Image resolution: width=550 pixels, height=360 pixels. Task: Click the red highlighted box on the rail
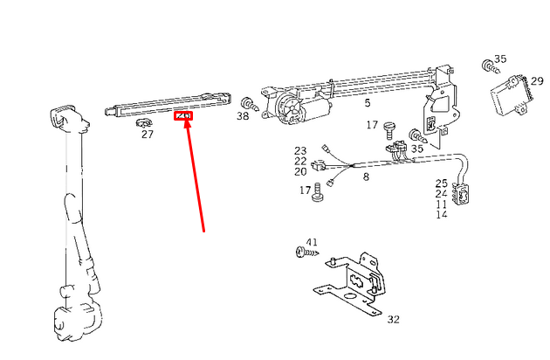point(184,115)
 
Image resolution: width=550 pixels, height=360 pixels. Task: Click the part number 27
point(147,135)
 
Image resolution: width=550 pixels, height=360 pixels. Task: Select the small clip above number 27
point(143,123)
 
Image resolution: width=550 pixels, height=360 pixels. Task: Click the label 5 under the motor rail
point(368,103)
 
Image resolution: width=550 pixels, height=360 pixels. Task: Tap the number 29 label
point(537,80)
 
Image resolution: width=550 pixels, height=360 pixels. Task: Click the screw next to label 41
point(304,253)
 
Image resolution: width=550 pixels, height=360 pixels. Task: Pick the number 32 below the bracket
point(393,320)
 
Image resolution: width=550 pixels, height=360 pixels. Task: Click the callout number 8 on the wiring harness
point(366,177)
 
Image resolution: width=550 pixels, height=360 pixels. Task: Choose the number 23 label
point(300,151)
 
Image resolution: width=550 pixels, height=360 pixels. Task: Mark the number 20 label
point(300,171)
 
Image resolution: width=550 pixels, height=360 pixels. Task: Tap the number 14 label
point(442,214)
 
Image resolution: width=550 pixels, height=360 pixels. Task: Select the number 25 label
point(442,183)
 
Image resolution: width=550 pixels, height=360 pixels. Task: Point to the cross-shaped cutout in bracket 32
point(357,280)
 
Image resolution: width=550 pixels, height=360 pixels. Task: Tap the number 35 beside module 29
point(499,59)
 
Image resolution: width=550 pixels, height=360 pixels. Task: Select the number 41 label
point(312,241)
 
